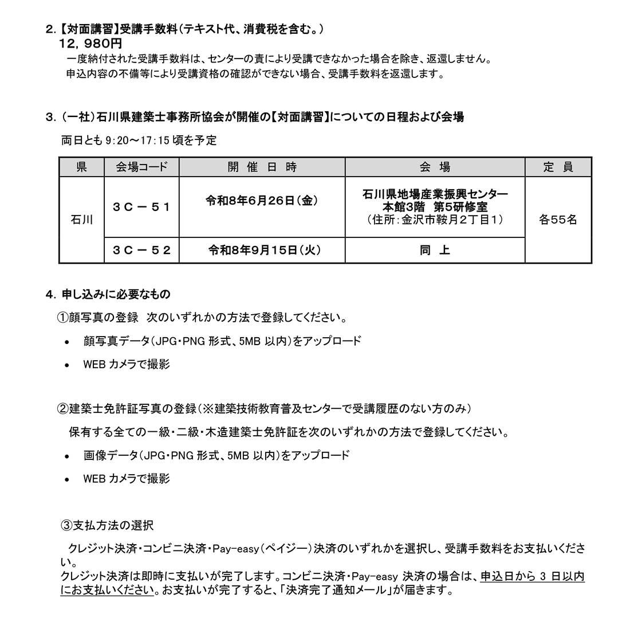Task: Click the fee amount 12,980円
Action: click(90, 44)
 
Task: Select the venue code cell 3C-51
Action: click(141, 206)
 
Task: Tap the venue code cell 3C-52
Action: click(141, 250)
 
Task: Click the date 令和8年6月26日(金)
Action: click(262, 200)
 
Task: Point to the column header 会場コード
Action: click(141, 167)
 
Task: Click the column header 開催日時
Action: click(262, 167)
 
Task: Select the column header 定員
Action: click(558, 167)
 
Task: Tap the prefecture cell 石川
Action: click(81, 220)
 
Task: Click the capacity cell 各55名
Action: click(558, 220)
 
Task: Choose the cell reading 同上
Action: click(435, 250)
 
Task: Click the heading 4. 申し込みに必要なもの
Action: click(108, 294)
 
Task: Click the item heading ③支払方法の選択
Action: click(107, 525)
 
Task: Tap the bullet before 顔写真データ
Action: click(67, 342)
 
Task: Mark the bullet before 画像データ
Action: click(67, 456)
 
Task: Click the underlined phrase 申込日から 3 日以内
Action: click(532, 576)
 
